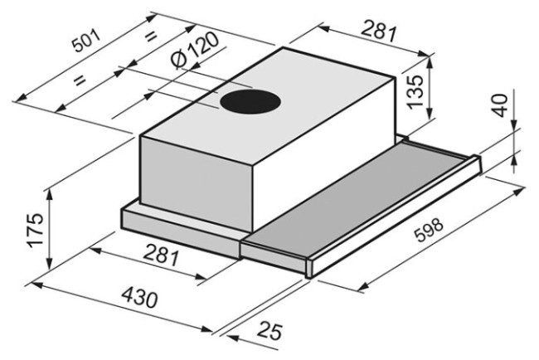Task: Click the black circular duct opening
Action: [x=250, y=102]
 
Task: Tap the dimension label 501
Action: [x=86, y=41]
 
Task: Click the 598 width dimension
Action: [x=429, y=229]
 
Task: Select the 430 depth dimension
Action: [x=140, y=298]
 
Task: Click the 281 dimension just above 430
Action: [x=161, y=255]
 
